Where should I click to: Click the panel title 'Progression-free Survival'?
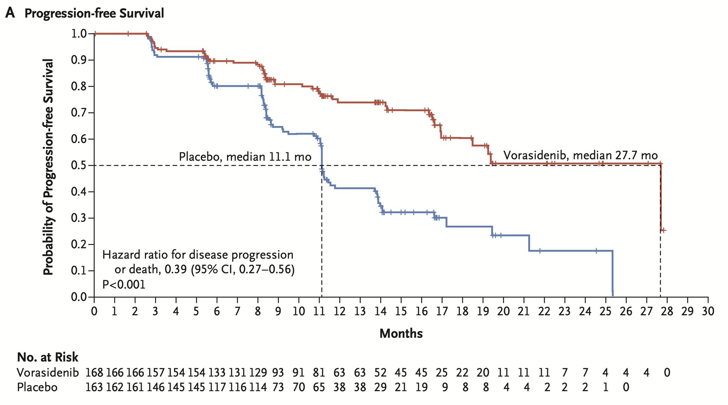click(x=94, y=14)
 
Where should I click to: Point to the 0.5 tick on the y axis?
click(x=92, y=165)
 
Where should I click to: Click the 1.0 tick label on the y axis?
click(x=79, y=34)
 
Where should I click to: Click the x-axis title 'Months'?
click(x=401, y=334)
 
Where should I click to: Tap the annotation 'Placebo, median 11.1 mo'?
click(x=245, y=156)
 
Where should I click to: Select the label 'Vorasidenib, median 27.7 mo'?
click(x=580, y=156)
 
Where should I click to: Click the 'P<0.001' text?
click(x=124, y=285)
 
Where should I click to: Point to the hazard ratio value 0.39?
click(x=175, y=270)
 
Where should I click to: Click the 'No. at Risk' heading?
click(x=48, y=357)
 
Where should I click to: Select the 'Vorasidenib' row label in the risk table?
click(x=48, y=373)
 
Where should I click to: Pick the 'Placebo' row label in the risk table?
click(x=37, y=387)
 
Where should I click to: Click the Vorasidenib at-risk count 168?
click(x=94, y=373)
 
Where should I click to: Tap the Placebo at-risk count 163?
click(x=94, y=387)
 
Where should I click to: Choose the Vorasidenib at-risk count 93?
click(x=278, y=373)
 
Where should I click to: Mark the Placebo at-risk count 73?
click(x=278, y=387)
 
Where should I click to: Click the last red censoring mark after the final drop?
click(x=664, y=230)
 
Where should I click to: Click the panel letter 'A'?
click(x=11, y=13)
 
